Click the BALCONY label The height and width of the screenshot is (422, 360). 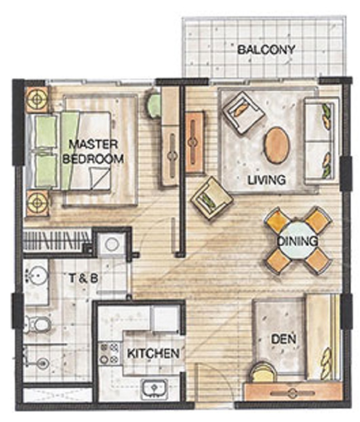[266, 50]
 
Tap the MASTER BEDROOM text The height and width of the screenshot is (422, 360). [93, 151]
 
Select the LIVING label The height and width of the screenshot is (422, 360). [266, 180]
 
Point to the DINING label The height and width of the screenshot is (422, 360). [297, 241]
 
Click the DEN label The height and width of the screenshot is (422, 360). [283, 339]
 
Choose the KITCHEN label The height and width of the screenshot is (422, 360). [153, 353]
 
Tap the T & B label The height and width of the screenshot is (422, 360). [83, 278]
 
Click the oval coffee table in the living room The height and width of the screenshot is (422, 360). [277, 145]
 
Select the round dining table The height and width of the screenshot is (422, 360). [297, 241]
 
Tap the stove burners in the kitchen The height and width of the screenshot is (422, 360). [109, 353]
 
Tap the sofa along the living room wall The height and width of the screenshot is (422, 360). [320, 141]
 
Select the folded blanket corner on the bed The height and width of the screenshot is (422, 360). [100, 178]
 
